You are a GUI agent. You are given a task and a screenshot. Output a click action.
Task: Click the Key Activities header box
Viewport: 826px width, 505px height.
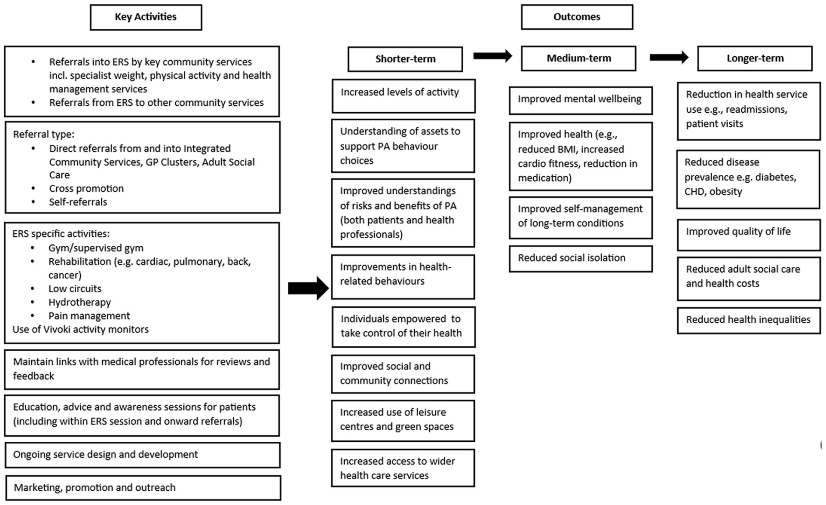pos(146,17)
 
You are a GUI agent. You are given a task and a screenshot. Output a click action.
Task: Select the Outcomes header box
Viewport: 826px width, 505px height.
pos(577,17)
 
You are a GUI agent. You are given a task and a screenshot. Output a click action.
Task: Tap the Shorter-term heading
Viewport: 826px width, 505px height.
pos(405,59)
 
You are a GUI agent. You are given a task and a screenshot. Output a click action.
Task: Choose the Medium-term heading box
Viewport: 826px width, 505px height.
pos(579,58)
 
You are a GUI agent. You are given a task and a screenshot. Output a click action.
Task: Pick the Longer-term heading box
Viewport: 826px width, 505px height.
pos(755,58)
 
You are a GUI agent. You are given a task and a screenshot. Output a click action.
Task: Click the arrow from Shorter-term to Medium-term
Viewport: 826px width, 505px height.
pos(493,56)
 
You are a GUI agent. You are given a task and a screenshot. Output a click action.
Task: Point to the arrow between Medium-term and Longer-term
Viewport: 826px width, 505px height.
pos(669,57)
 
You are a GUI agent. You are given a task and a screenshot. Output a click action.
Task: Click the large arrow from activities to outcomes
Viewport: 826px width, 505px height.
pos(309,288)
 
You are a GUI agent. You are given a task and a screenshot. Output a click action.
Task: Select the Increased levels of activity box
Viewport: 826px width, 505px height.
pos(404,96)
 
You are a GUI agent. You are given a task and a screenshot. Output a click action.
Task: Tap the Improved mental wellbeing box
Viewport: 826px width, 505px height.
pos(581,100)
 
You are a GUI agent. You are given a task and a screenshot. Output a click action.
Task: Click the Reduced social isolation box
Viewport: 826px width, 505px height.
pos(581,259)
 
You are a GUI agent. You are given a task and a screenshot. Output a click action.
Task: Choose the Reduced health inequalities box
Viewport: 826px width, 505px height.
pos(749,321)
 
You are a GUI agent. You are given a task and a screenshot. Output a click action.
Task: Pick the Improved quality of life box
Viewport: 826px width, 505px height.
pos(749,235)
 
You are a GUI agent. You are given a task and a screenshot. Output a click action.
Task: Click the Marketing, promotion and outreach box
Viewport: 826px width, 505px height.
pos(143,488)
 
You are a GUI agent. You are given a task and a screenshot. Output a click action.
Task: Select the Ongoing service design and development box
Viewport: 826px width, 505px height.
pos(143,455)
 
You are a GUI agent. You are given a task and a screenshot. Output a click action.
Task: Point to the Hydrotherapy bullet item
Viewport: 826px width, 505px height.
pos(80,302)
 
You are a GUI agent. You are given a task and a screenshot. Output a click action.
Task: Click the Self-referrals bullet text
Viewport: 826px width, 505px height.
pos(78,202)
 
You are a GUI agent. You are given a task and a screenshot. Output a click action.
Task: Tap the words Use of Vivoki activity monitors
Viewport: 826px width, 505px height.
pos(81,329)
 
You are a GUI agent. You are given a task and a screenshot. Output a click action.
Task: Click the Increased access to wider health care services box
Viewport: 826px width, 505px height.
pos(403,468)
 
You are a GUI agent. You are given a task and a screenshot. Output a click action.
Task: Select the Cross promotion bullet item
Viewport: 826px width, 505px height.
pos(86,188)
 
